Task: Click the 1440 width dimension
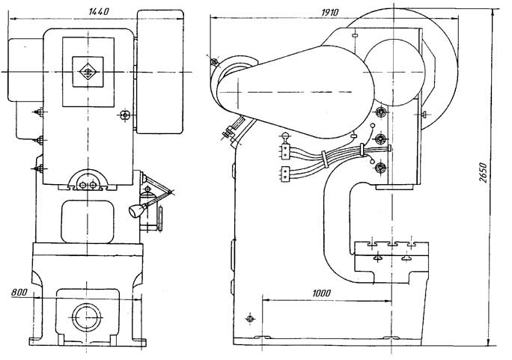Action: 99,12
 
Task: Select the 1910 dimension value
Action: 330,13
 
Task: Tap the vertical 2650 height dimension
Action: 484,173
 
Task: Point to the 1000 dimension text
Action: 321,293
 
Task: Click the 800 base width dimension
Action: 19,292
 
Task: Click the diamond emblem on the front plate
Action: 88,72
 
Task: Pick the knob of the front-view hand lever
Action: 135,210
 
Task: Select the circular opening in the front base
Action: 87,317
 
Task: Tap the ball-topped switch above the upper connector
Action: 285,135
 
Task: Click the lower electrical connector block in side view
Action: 285,173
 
